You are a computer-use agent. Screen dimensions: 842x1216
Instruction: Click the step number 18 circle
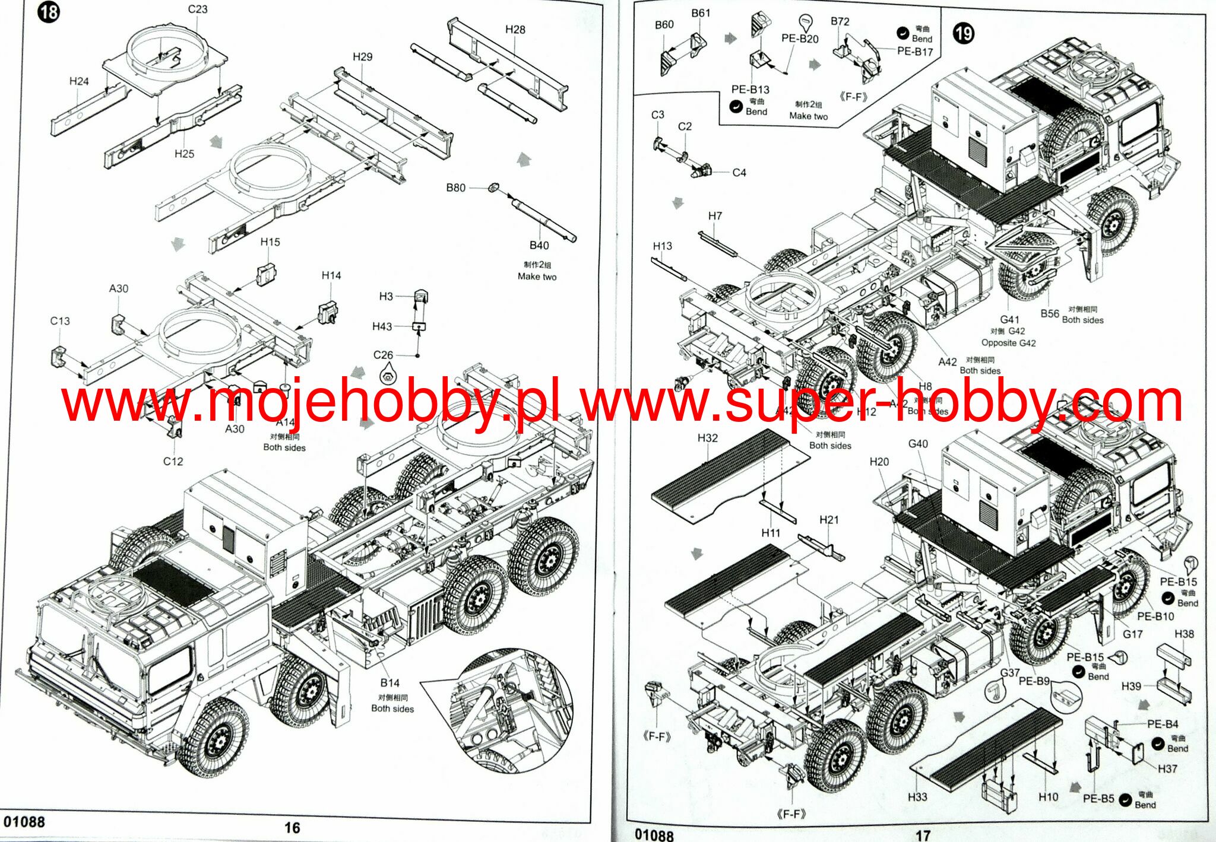48,12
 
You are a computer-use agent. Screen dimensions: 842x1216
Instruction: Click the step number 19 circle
963,33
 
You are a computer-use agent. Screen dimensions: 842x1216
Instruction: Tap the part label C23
198,9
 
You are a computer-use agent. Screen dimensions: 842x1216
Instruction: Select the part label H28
515,30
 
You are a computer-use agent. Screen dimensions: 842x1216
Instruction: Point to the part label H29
362,56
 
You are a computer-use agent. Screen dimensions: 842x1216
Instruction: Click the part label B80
455,188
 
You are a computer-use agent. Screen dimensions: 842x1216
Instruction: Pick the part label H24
79,81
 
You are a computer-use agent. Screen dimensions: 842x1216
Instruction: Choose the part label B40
539,245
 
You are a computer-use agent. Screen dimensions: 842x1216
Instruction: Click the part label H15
270,242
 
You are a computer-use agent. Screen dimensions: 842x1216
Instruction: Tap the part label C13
60,320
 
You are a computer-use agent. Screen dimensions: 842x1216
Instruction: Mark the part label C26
383,355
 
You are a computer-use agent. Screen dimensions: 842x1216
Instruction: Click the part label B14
389,682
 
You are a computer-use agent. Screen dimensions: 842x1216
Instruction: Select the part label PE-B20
800,39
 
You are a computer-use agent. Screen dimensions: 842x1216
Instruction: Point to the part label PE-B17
915,52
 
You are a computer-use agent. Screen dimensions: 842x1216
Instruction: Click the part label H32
707,438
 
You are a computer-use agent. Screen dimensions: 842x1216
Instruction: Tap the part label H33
917,796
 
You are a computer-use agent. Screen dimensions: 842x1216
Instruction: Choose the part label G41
1009,319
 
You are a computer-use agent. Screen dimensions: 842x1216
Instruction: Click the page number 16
292,828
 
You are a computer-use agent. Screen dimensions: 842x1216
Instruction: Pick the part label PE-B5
1098,798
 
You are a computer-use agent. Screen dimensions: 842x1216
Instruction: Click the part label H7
715,216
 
